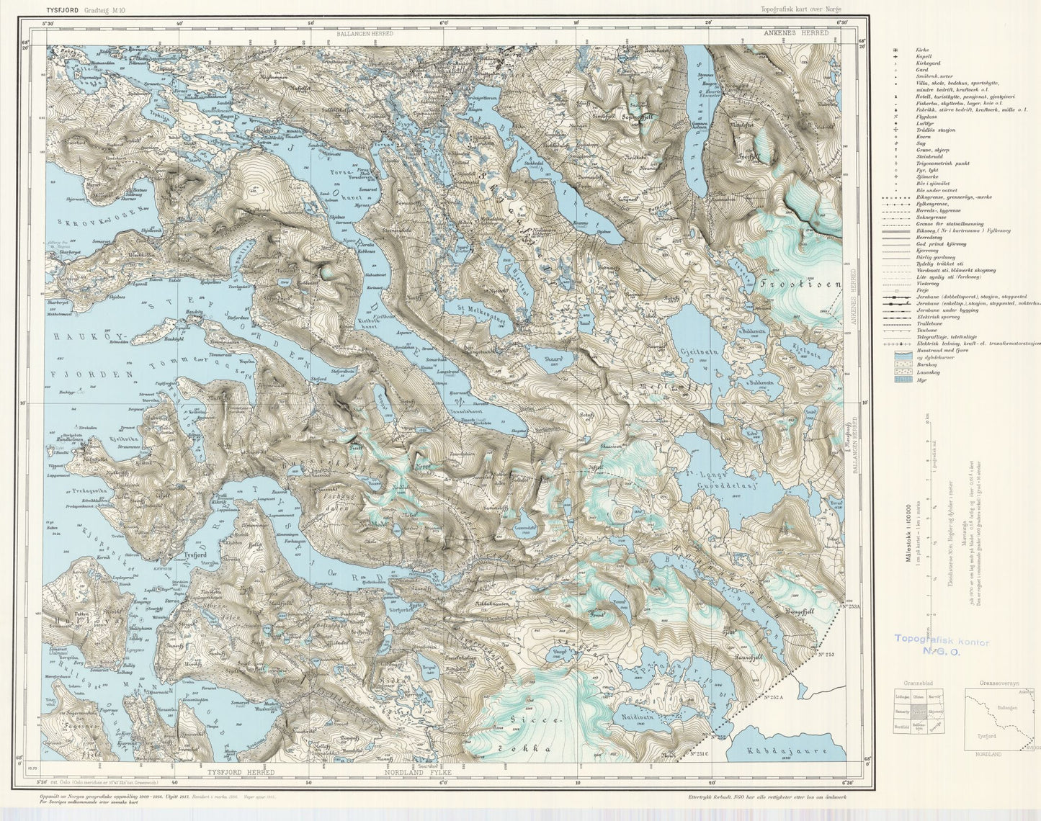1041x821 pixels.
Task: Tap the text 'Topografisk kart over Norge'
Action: (800, 9)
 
